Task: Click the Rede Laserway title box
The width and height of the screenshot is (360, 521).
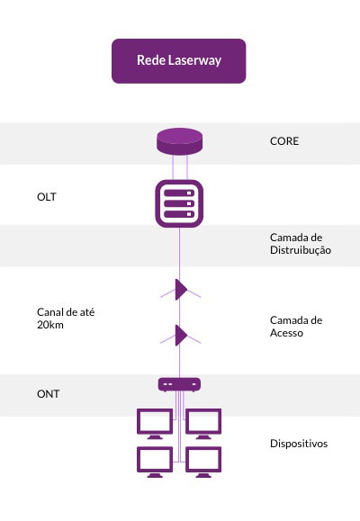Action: tap(179, 61)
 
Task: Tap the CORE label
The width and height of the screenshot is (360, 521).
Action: tap(284, 141)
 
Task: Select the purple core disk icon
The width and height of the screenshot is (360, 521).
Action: tap(179, 141)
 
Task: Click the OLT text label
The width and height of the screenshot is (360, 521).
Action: tap(47, 197)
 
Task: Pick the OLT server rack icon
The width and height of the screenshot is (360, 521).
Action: tap(179, 203)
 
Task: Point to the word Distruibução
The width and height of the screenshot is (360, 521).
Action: tap(301, 250)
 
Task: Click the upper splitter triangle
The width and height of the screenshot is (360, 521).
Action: tap(181, 290)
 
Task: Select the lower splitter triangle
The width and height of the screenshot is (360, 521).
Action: tap(181, 336)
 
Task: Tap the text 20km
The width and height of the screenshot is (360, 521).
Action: tap(50, 325)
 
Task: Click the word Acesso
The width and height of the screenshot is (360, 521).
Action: tap(286, 333)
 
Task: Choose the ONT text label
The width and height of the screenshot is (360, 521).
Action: tap(49, 394)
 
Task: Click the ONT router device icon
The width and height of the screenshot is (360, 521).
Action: tap(179, 385)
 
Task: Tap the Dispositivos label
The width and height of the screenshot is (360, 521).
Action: tap(299, 444)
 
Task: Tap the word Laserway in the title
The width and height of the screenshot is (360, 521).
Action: tap(194, 61)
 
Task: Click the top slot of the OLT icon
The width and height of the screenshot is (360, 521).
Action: tap(179, 193)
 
